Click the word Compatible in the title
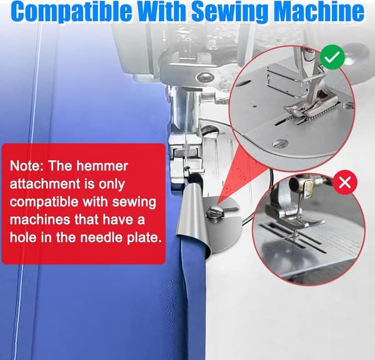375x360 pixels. click(x=71, y=11)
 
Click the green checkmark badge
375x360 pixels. click(x=332, y=57)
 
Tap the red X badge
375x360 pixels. click(x=345, y=182)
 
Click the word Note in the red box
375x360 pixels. click(x=26, y=166)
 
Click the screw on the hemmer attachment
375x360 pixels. click(x=215, y=212)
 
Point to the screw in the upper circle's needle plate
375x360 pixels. click(x=280, y=144)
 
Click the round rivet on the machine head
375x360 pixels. click(x=205, y=77)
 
